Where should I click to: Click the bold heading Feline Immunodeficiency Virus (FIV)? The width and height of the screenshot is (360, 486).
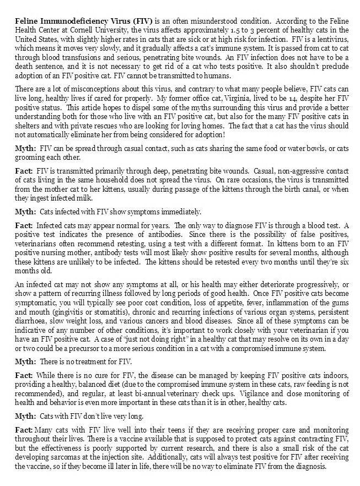(77, 19)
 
